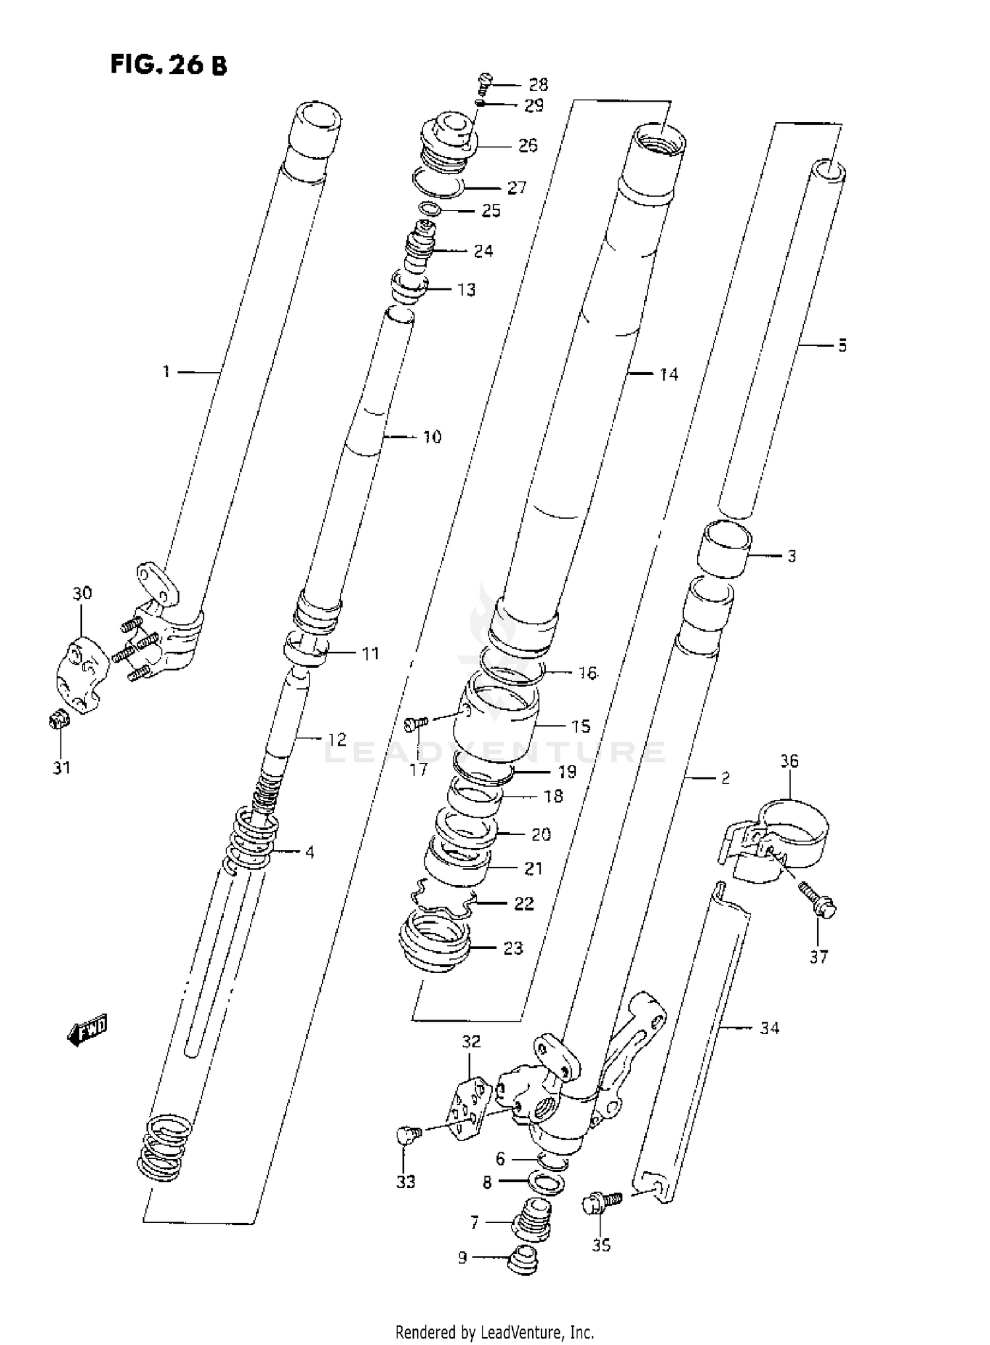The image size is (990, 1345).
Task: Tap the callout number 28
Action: (x=538, y=84)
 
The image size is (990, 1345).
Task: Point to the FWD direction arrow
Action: (x=87, y=1030)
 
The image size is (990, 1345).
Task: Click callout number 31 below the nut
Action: (x=62, y=768)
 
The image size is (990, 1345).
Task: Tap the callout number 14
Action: (x=669, y=374)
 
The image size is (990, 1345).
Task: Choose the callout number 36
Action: (x=789, y=761)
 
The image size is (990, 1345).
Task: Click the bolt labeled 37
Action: (x=818, y=902)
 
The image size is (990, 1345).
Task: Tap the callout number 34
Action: (x=770, y=1028)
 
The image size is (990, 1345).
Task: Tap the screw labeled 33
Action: (x=406, y=1134)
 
